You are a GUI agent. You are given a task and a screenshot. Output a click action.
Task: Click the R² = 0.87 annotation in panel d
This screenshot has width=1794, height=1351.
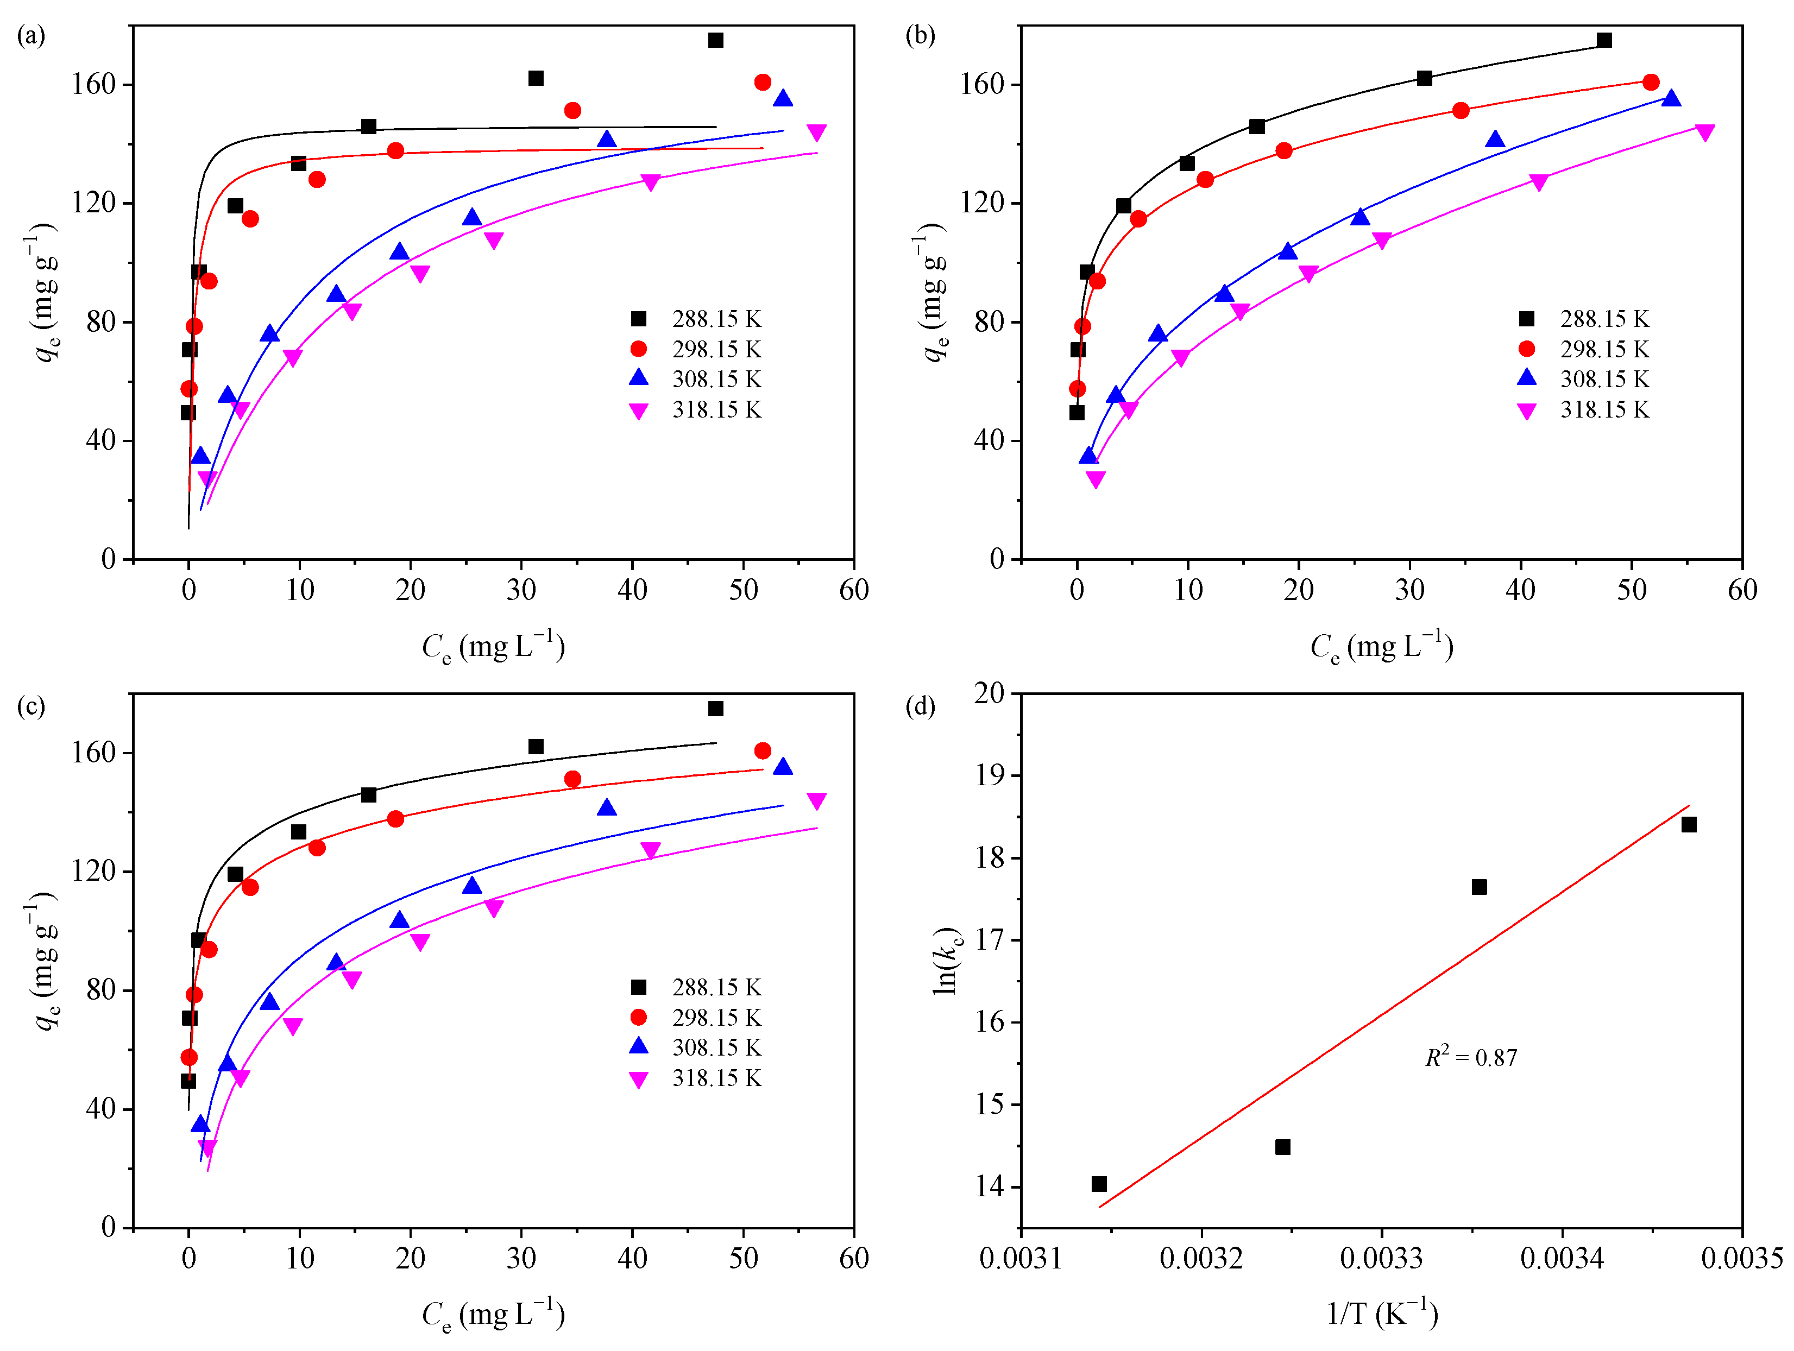click(1470, 1057)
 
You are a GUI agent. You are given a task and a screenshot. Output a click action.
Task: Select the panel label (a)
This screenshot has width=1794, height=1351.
click(31, 36)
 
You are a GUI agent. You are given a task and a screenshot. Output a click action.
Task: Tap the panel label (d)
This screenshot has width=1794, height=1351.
click(920, 706)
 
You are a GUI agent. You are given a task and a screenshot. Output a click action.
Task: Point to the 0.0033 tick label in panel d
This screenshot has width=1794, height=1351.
click(1382, 1259)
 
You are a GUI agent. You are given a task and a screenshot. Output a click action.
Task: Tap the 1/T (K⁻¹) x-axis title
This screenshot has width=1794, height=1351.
click(1382, 1313)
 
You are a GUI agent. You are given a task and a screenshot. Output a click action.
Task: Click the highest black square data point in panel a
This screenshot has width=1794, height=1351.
click(715, 40)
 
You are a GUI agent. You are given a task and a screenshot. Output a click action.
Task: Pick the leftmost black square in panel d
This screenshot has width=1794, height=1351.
click(1099, 1184)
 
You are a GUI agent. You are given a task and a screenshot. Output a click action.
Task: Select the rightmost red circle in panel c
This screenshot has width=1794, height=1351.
click(763, 751)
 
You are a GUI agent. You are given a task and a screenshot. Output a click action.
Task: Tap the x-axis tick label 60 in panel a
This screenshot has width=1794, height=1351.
click(854, 590)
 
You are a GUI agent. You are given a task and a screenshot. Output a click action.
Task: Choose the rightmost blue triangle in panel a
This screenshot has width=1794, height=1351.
click(783, 99)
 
